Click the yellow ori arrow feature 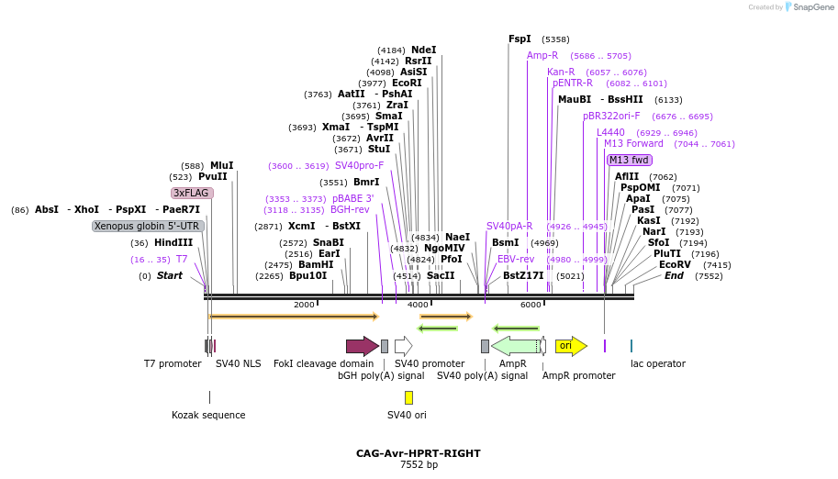[x=570, y=346]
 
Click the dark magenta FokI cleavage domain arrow [x=362, y=346]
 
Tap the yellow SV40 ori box [x=408, y=397]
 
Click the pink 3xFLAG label [x=192, y=193]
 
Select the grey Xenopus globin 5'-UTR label [x=147, y=226]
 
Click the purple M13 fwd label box [x=629, y=160]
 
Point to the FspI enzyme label [x=520, y=39]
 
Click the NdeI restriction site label [x=424, y=50]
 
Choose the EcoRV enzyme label [x=675, y=264]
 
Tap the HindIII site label [x=174, y=242]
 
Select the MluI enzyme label [x=222, y=165]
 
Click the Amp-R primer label [x=542, y=55]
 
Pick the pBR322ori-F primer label [x=611, y=116]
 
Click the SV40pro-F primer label [x=360, y=165]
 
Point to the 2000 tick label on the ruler [x=304, y=305]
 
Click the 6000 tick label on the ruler [x=531, y=305]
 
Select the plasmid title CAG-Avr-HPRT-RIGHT [x=419, y=453]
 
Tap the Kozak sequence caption [x=208, y=415]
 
